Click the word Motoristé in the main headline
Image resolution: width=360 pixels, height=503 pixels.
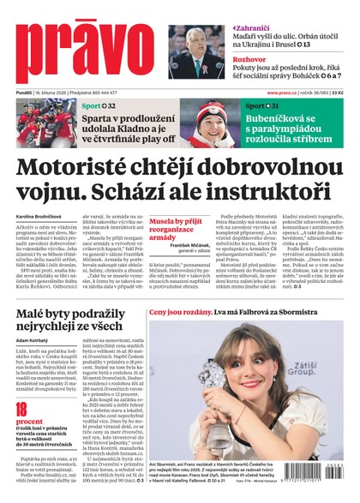coord(93,166)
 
